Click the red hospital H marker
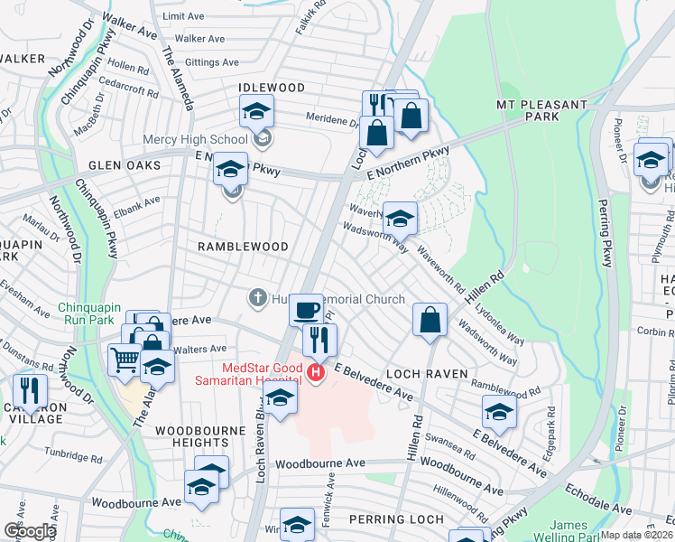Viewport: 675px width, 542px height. point(315,372)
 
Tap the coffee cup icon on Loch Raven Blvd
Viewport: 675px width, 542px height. point(307,310)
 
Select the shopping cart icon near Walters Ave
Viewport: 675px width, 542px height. point(125,360)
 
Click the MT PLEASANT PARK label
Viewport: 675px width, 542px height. point(541,112)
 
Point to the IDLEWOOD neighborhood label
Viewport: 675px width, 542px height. point(271,88)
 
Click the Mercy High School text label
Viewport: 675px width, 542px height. point(195,140)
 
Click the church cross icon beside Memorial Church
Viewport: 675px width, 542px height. point(256,298)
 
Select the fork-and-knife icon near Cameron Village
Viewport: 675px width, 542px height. point(31,389)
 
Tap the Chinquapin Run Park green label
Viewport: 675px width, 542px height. point(97,314)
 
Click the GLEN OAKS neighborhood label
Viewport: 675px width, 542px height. point(125,166)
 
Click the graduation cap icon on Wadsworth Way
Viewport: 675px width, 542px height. point(399,218)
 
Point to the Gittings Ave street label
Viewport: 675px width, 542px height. point(207,62)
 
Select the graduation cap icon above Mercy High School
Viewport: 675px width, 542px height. point(256,113)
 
